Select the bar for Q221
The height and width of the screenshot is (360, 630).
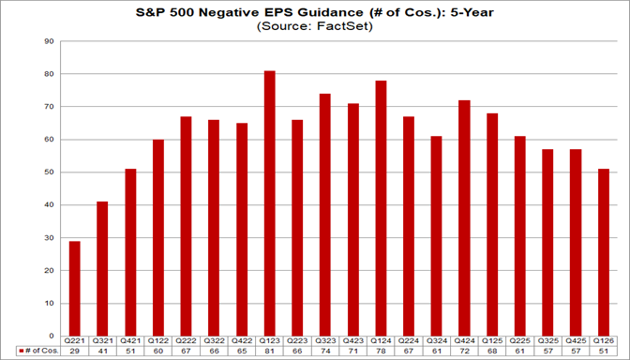tap(75, 288)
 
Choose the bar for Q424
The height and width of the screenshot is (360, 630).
tap(464, 217)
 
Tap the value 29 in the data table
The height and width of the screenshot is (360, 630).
tap(75, 352)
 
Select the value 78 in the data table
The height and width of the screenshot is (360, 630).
tap(381, 352)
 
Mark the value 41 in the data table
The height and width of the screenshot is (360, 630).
tap(103, 352)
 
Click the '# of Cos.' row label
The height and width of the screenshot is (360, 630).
tap(38, 352)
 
